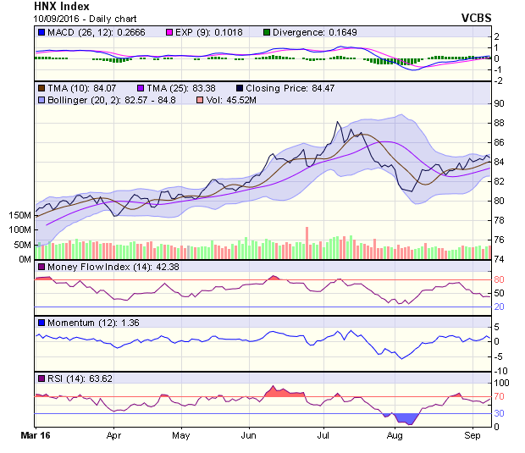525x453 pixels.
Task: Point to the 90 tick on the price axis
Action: [x=500, y=103]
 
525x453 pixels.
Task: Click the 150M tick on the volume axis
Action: [x=19, y=216]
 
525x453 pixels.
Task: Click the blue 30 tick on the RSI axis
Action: [x=500, y=413]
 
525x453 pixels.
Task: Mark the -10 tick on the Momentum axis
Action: [x=501, y=371]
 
